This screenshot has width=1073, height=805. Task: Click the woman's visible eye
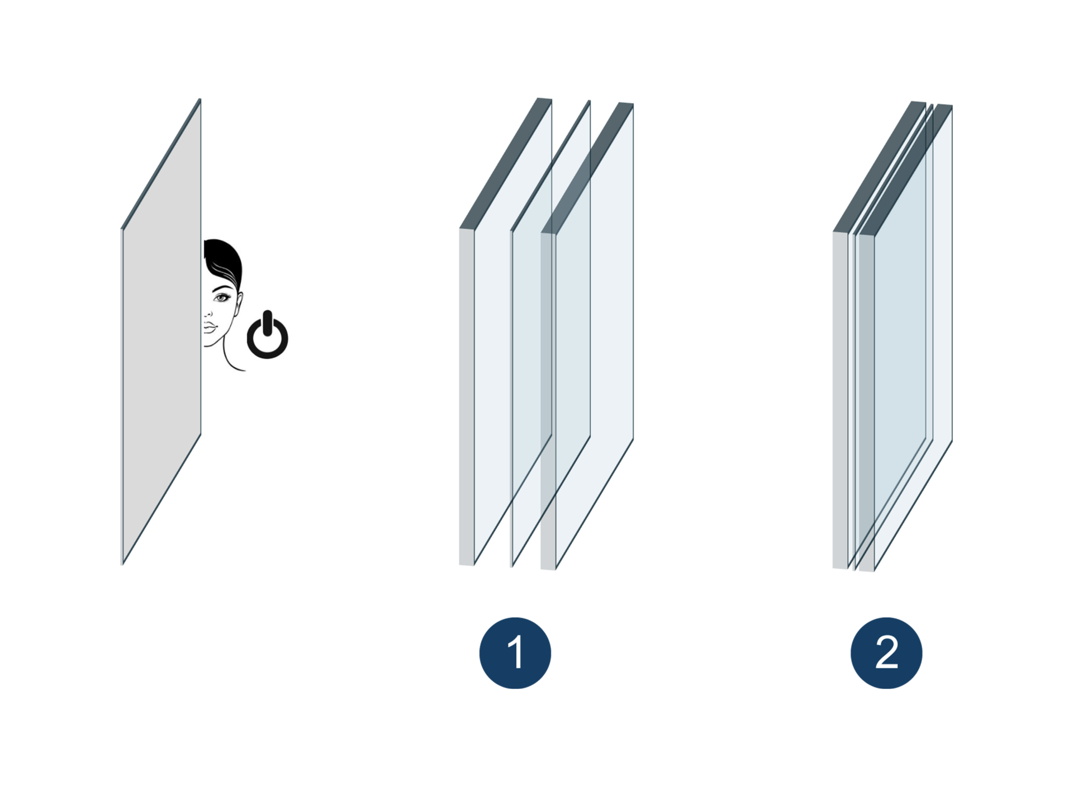pyautogui.click(x=222, y=297)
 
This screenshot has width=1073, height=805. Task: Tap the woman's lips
pyautogui.click(x=209, y=326)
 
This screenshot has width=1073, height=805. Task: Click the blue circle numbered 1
pyautogui.click(x=515, y=652)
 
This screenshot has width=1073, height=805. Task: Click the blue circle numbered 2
pyautogui.click(x=886, y=652)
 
